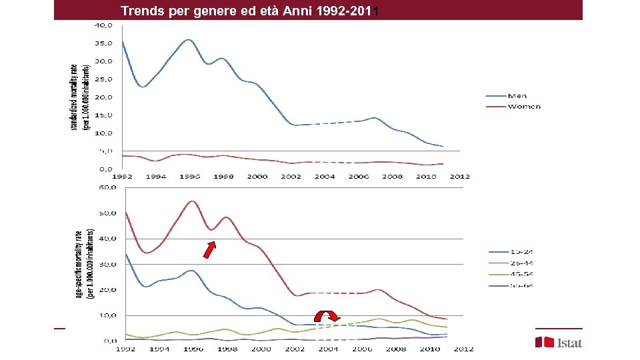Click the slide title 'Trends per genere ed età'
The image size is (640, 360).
pos(249,11)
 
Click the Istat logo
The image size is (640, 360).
pos(559,342)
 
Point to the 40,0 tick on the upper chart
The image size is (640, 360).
pos(103,25)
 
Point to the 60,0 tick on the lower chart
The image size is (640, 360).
pos(107,188)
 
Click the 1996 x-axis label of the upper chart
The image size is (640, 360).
pos(189,177)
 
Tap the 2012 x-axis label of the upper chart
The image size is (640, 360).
pos(460,177)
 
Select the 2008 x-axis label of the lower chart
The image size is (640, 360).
pos(396,349)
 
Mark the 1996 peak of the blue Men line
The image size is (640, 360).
pos(189,40)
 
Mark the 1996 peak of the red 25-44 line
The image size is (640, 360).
pos(192,201)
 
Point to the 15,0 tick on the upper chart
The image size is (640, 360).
pos(103,115)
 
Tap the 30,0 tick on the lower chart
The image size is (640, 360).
pos(107,264)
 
